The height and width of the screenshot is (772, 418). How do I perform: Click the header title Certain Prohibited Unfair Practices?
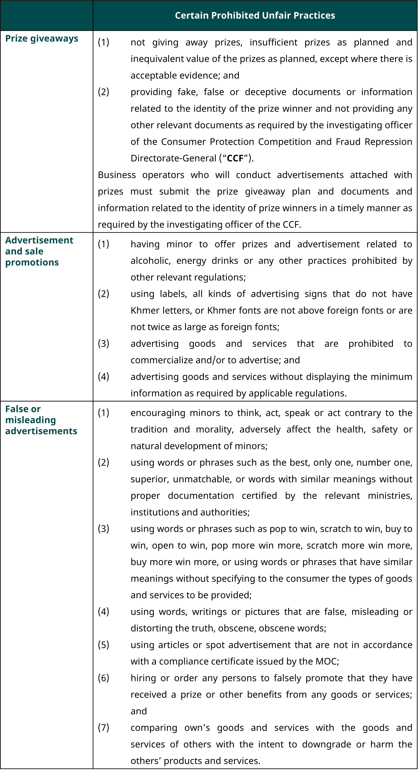[255, 15]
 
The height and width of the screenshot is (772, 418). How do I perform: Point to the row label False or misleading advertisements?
[41, 420]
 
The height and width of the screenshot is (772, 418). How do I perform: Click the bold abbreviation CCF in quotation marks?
[235, 158]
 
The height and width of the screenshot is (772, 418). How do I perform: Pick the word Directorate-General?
[173, 158]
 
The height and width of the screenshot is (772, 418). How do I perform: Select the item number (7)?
[104, 728]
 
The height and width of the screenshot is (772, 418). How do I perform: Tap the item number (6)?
[104, 678]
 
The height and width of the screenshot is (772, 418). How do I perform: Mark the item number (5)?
[104, 645]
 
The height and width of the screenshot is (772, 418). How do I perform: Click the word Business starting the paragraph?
[117, 175]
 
